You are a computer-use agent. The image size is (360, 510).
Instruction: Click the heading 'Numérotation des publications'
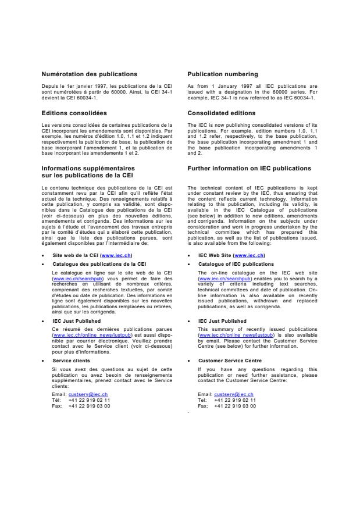pos(89,74)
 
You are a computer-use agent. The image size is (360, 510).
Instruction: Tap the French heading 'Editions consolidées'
pos(74,113)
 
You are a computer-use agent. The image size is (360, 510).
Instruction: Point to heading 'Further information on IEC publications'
pos(249,168)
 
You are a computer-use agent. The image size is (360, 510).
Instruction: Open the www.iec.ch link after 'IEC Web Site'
pos(249,255)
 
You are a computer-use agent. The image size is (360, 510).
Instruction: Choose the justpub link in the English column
pos(234,336)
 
